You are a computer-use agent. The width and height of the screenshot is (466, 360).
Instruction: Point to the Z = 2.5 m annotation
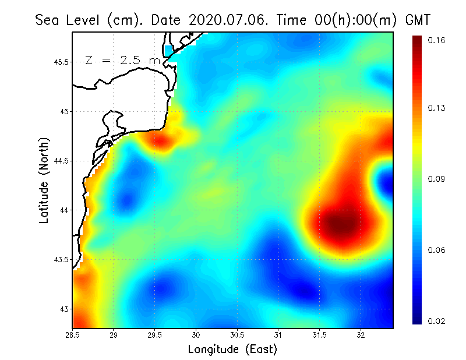122,61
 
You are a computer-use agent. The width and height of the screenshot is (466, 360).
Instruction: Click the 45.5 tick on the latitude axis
59,62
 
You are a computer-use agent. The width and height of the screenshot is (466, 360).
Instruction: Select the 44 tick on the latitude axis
63,210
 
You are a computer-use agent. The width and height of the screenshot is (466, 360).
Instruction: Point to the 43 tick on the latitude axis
63,309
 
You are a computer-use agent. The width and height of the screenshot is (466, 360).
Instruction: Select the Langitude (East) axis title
232,350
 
